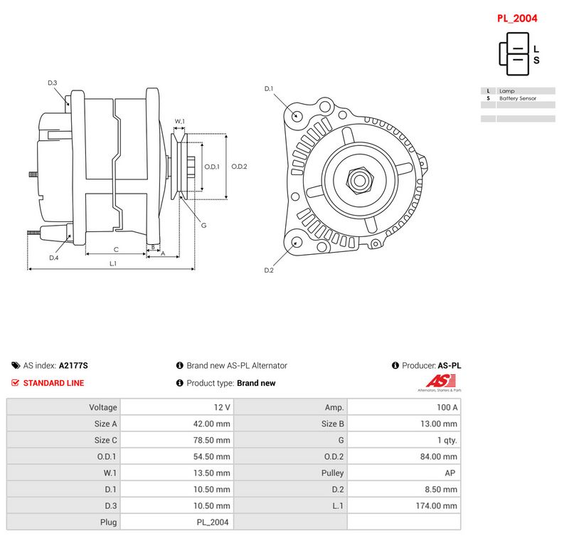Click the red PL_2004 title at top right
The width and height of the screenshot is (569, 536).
(x=517, y=19)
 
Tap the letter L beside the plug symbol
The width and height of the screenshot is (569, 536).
(x=536, y=49)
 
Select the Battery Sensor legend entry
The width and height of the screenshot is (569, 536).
(x=518, y=98)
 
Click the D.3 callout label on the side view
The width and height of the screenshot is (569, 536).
(x=52, y=83)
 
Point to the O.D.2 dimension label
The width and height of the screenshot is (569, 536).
(x=239, y=167)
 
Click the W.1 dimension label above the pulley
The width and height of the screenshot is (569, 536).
(x=180, y=121)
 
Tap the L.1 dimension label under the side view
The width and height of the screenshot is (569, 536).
(x=113, y=263)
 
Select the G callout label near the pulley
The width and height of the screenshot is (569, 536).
(x=203, y=226)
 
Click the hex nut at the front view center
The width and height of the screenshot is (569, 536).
(x=360, y=180)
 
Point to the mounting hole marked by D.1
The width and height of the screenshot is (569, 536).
(x=297, y=116)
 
